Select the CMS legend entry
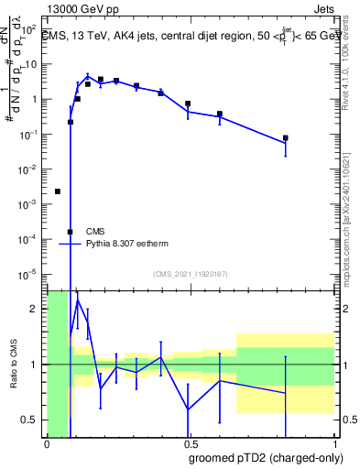tap(94, 232)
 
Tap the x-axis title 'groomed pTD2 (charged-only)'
tap(266, 457)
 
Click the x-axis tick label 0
tap(47, 444)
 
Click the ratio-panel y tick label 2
tap(35, 309)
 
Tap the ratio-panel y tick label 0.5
tap(31, 420)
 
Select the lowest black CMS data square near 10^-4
tap(71, 232)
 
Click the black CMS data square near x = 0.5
tap(188, 104)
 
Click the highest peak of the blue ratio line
tap(78, 299)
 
